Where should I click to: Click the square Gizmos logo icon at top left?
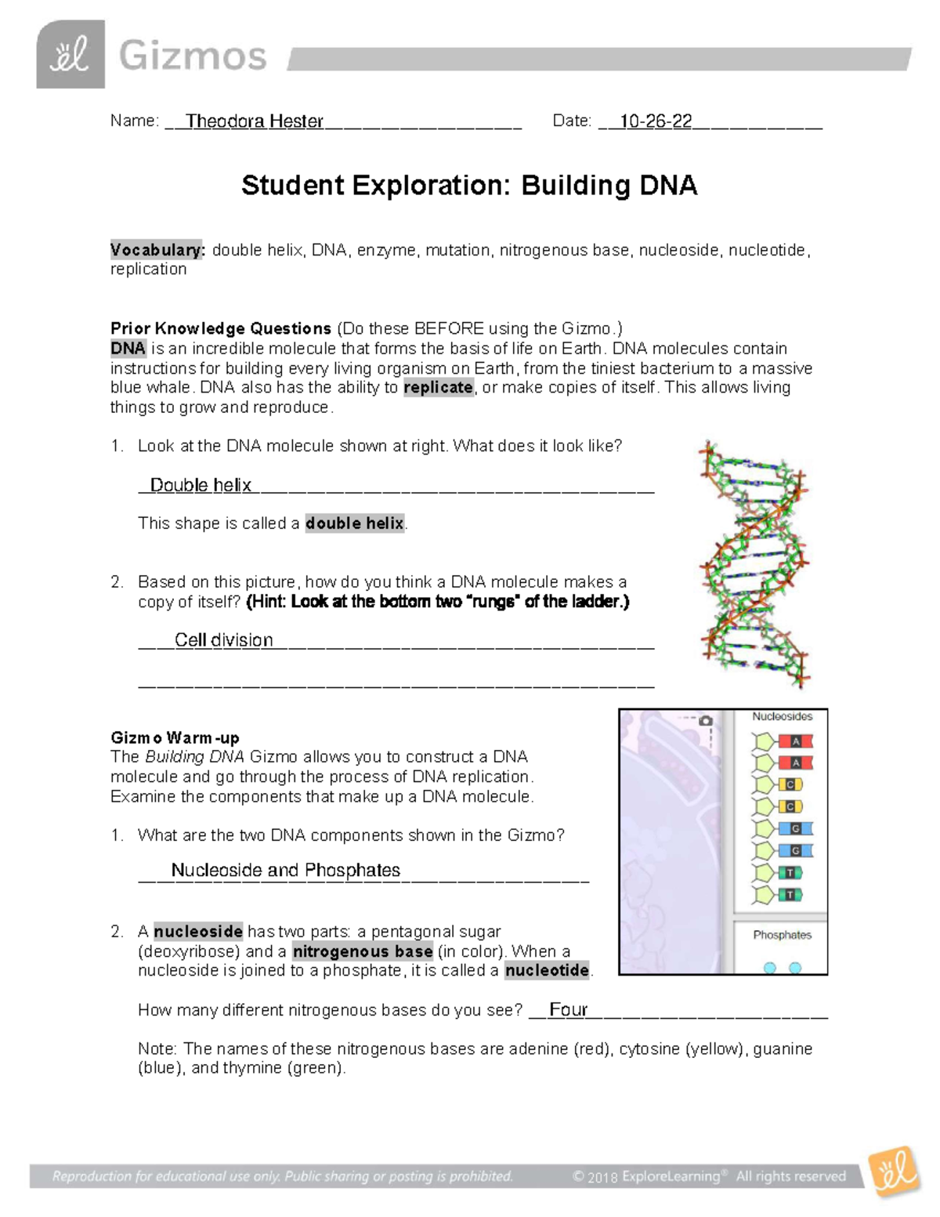70,55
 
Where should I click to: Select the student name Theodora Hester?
254,121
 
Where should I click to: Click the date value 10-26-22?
656,121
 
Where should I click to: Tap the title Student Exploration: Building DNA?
469,186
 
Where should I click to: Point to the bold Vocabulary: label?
157,250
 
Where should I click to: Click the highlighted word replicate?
438,387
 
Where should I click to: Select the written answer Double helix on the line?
201,485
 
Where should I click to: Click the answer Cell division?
223,640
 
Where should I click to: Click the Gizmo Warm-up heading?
175,737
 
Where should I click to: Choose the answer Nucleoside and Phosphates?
285,870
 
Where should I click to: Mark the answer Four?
568,1009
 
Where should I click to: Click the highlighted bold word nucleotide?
547,970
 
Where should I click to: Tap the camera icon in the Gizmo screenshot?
706,720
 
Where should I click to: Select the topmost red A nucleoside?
783,741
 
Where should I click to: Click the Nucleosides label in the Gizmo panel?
782,716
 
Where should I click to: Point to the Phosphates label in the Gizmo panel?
782,935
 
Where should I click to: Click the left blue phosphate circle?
770,968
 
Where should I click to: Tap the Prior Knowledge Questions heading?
221,328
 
